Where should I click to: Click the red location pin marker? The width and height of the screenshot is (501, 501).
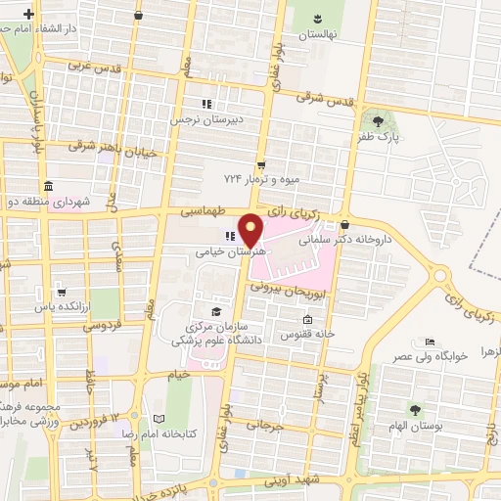point(251,229)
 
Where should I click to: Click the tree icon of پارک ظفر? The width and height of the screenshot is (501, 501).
point(378,121)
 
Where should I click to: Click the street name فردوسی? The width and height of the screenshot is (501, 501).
point(100,323)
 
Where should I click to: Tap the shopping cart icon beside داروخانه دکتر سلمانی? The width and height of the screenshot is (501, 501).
point(343,224)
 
